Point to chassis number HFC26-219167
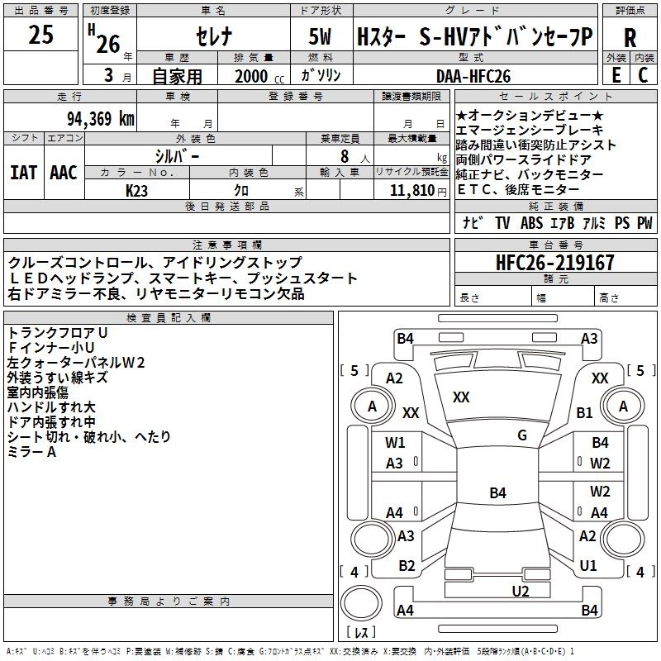click(x=555, y=263)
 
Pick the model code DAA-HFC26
click(x=473, y=76)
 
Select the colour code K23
click(x=137, y=191)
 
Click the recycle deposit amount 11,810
click(x=411, y=191)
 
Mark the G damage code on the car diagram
click(x=521, y=435)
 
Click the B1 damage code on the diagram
click(x=585, y=412)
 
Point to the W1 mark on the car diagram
click(x=396, y=442)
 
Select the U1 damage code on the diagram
click(x=588, y=565)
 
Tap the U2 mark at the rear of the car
click(x=520, y=590)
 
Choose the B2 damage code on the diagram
click(x=407, y=565)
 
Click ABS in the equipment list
click(x=531, y=222)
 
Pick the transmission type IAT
click(x=24, y=172)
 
